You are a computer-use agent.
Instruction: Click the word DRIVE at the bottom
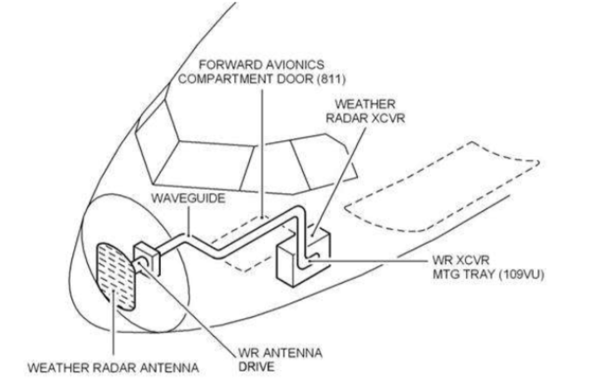tap(255, 366)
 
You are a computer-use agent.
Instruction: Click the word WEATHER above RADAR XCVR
tap(365, 104)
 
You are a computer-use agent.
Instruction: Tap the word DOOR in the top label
tap(299, 79)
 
